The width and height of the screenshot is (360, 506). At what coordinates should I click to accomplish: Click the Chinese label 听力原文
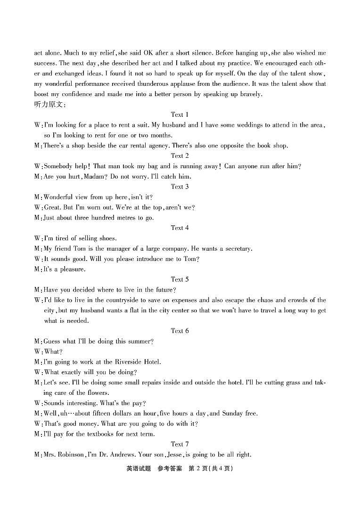(49, 105)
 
